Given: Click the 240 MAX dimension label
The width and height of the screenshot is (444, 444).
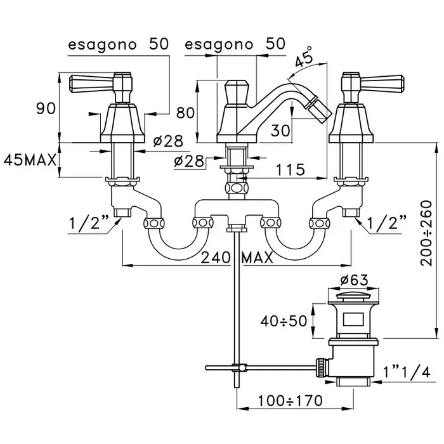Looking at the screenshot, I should point(237,258).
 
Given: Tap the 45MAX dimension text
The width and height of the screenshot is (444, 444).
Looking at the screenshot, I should point(31,159).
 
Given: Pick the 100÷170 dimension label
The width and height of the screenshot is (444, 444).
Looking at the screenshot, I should point(290,401).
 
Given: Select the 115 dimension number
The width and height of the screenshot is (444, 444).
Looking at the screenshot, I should point(291,169).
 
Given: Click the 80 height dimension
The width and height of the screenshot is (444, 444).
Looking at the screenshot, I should point(185,113).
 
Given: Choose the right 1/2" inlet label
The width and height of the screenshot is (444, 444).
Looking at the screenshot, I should point(386,223).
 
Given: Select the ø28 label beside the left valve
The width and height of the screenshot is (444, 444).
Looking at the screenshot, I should point(169,140).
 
